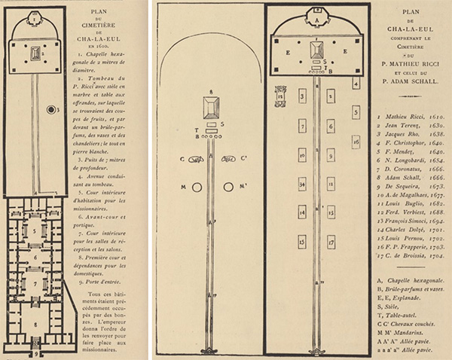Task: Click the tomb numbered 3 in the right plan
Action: [x=302, y=96]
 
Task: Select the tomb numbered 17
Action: [x=331, y=243]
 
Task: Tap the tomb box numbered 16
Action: [x=356, y=141]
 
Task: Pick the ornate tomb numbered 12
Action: [x=280, y=96]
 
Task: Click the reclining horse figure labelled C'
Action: [x=228, y=159]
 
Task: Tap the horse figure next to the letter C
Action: [x=197, y=159]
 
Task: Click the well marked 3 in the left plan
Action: [x=51, y=109]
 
